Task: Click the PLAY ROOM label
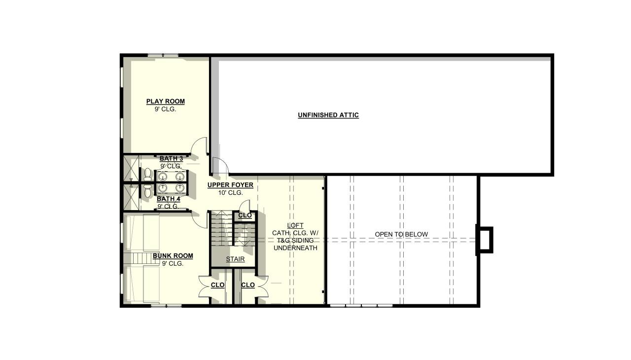coord(165,102)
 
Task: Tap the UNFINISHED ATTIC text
coord(328,115)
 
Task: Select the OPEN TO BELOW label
coord(401,234)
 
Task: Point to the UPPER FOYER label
coord(230,185)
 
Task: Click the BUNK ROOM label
coord(173,256)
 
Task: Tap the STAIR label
coord(235,259)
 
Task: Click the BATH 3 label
coord(171,158)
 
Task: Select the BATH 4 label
coord(168,199)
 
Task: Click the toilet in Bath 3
coord(147,174)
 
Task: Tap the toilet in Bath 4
coord(147,190)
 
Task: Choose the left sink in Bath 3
coord(163,177)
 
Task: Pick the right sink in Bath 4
coord(179,188)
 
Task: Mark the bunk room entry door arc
coord(199,220)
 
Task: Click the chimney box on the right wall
coord(484,240)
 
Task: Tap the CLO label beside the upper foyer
coord(245,216)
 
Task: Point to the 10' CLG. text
coord(231,193)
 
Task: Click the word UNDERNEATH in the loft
coord(295,248)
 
